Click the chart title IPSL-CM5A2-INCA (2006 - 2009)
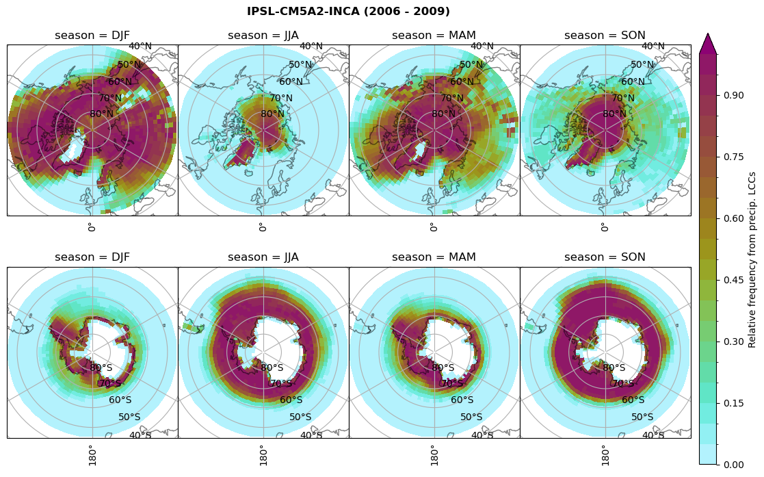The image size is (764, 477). pyautogui.click(x=348, y=12)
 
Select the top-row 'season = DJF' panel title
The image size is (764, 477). pyautogui.click(x=92, y=36)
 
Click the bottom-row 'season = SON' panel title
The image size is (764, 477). pyautogui.click(x=605, y=257)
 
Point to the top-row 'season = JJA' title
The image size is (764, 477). pyautogui.click(x=263, y=36)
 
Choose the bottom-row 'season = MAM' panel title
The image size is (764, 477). pyautogui.click(x=434, y=257)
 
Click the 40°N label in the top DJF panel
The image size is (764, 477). pyautogui.click(x=140, y=47)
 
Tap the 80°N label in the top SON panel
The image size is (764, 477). pyautogui.click(x=614, y=114)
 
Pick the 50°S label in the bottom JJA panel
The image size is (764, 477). pyautogui.click(x=300, y=417)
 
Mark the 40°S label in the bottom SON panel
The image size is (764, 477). pyautogui.click(x=653, y=435)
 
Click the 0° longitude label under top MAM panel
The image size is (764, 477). pyautogui.click(x=433, y=227)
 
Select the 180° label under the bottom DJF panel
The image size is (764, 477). pyautogui.click(x=91, y=454)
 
